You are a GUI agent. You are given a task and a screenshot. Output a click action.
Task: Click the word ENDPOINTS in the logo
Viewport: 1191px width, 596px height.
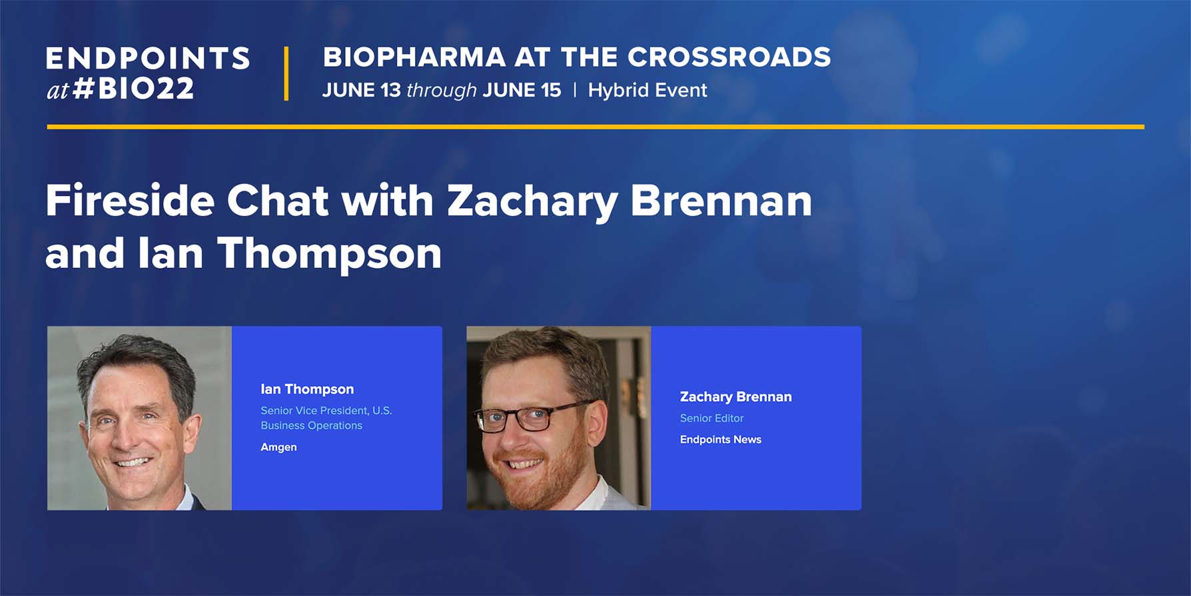(x=148, y=59)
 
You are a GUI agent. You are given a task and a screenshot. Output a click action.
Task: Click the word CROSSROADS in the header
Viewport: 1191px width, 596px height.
(x=729, y=57)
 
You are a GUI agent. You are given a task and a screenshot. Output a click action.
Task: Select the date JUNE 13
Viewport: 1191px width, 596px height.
(x=361, y=90)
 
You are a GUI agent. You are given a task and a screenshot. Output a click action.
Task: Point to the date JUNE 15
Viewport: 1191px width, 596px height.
(x=522, y=90)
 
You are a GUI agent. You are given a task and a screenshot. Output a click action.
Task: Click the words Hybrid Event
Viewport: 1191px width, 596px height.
(x=647, y=90)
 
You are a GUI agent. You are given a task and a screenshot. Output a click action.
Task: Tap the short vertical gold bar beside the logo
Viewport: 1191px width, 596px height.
(x=286, y=73)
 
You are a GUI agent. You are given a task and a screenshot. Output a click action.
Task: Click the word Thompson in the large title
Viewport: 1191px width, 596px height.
(x=329, y=255)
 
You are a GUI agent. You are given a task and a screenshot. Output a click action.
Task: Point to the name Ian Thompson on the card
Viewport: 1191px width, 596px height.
(x=307, y=389)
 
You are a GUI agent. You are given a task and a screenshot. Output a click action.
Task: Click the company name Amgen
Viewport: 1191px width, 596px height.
(x=278, y=447)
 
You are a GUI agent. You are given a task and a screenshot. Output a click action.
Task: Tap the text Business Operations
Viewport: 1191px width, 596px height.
(x=311, y=425)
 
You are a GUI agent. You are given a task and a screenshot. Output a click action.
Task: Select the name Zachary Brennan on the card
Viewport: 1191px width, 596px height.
(x=735, y=397)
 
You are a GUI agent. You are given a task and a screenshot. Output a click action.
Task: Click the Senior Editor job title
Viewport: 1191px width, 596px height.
(x=711, y=418)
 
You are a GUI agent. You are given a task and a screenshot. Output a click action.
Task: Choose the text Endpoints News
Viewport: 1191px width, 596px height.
(x=720, y=439)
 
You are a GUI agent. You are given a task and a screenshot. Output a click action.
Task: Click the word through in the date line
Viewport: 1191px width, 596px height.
(x=441, y=91)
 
